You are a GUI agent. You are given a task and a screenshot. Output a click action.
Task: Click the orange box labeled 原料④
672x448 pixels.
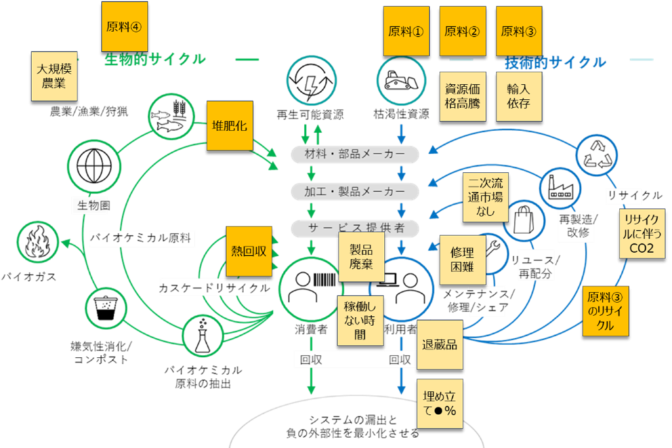point(125,26)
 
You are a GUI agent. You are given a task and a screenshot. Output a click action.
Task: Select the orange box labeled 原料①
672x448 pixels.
point(406,31)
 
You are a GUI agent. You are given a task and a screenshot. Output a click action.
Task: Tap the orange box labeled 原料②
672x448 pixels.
point(463,31)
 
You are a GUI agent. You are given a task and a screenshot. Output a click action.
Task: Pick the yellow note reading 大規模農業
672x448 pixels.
point(54,76)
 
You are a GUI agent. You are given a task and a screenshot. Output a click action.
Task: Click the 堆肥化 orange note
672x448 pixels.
point(230,125)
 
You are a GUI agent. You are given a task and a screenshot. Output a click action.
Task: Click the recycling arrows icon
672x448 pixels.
point(597,153)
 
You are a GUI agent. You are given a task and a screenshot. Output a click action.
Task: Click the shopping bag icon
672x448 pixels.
point(525,219)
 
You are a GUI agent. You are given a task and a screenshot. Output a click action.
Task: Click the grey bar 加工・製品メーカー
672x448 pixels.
point(355,192)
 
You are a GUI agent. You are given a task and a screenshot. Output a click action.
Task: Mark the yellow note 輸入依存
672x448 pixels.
point(518,96)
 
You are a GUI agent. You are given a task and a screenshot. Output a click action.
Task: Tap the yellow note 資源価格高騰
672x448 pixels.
point(463,96)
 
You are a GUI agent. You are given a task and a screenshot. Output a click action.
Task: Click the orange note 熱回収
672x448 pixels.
point(249,252)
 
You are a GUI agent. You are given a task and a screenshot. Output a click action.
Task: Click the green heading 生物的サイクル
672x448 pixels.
point(155,60)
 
